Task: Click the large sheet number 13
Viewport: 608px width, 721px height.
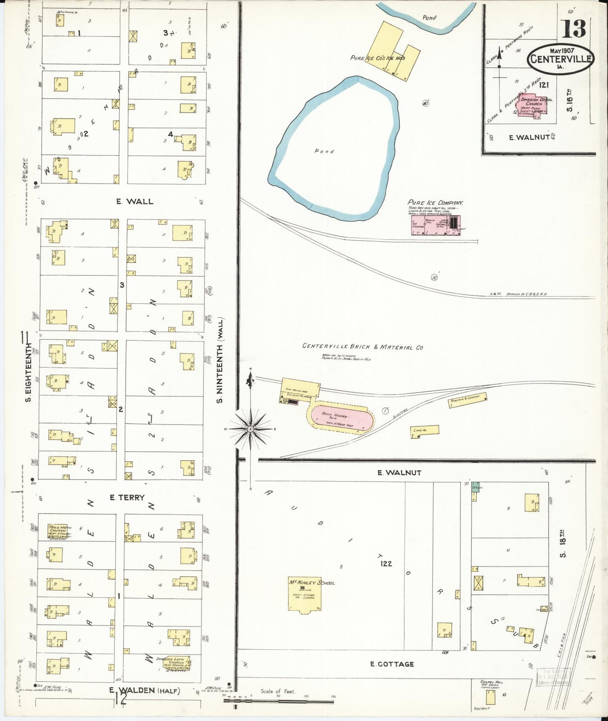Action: click(573, 29)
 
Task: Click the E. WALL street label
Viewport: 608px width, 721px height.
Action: click(135, 201)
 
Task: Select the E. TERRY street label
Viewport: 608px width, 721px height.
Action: click(127, 497)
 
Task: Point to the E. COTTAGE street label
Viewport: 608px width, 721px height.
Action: click(392, 664)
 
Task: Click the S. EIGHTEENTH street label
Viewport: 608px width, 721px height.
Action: click(28, 372)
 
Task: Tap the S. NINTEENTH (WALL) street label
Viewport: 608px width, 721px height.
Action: click(220, 360)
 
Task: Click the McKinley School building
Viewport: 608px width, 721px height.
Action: click(305, 594)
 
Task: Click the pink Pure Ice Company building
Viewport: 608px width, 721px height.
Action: click(435, 225)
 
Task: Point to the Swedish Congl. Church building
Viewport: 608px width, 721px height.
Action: click(533, 105)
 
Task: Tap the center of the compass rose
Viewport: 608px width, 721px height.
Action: click(250, 429)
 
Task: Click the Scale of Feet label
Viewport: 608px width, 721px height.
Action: click(278, 691)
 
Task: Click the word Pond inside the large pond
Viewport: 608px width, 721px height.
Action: click(324, 151)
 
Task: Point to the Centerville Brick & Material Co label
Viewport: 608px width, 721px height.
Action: click(362, 347)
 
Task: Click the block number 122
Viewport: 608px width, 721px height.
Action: click(386, 563)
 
